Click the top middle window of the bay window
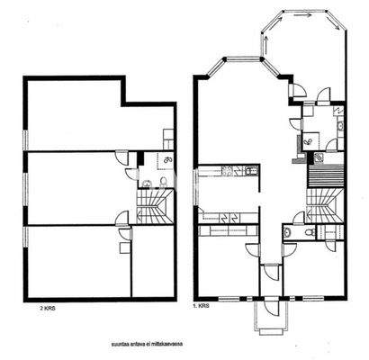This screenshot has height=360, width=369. (x=238, y=60)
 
